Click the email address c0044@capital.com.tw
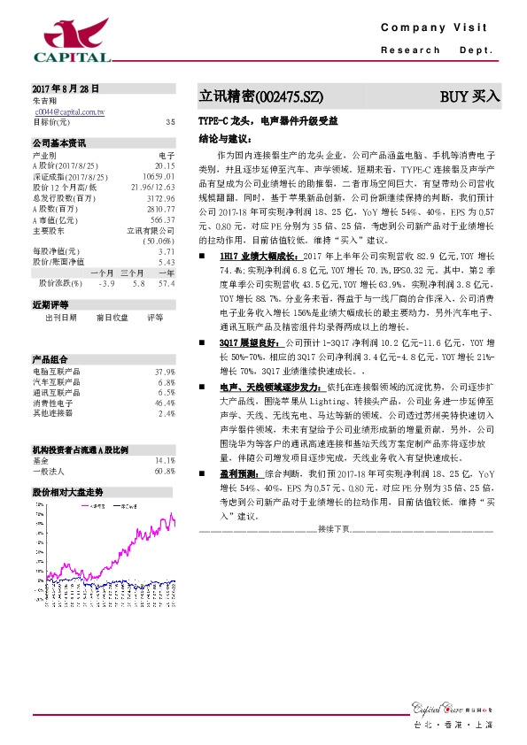click(x=70, y=112)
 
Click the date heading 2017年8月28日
click(x=66, y=89)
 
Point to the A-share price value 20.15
click(x=166, y=165)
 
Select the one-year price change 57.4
click(x=166, y=282)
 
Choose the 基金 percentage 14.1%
click(x=165, y=461)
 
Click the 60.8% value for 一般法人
click(x=165, y=471)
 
